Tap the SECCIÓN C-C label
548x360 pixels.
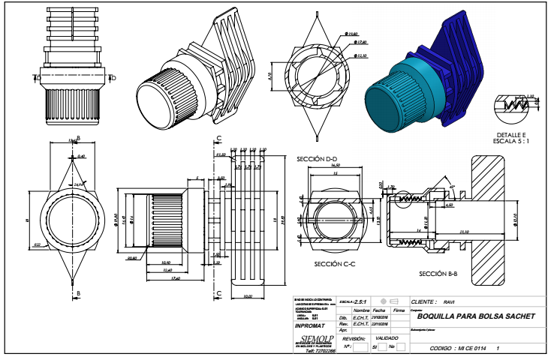click(336, 264)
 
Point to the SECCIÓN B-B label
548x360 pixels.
click(438, 274)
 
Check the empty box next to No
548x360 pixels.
click(401, 346)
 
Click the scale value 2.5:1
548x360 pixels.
click(369, 300)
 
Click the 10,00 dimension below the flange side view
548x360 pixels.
click(248, 296)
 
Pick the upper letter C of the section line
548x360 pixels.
click(218, 139)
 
